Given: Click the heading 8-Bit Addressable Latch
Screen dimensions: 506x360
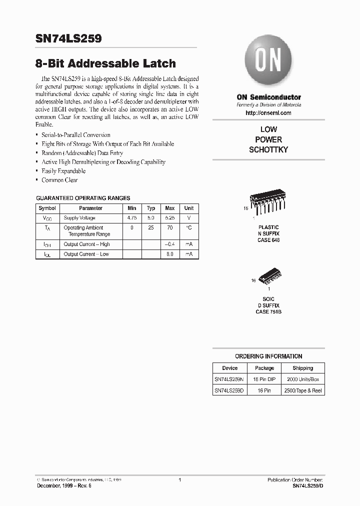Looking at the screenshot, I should click(105, 63).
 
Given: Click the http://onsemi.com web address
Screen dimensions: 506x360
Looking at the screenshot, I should click(268, 113).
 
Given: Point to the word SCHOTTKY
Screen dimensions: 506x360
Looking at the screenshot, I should click(268, 150).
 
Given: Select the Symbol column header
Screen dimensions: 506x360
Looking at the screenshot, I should click(47, 208).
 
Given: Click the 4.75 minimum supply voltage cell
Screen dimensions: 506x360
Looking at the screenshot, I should click(132, 218).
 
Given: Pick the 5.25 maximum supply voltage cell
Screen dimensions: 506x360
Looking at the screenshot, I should click(169, 218).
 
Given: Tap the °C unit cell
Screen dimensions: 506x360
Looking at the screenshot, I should click(188, 227).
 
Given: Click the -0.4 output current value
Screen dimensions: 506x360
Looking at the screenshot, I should click(169, 244).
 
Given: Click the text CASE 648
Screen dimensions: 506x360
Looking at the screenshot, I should click(268, 240).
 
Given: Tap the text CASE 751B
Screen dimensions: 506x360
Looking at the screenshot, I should click(268, 311).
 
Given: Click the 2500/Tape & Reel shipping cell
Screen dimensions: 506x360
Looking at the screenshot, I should click(302, 390).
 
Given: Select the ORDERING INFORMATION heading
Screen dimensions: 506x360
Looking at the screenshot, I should click(268, 356).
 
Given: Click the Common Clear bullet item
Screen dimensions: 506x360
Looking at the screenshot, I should click(59, 180).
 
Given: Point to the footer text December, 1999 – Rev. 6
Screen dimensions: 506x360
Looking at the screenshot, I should click(64, 486).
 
